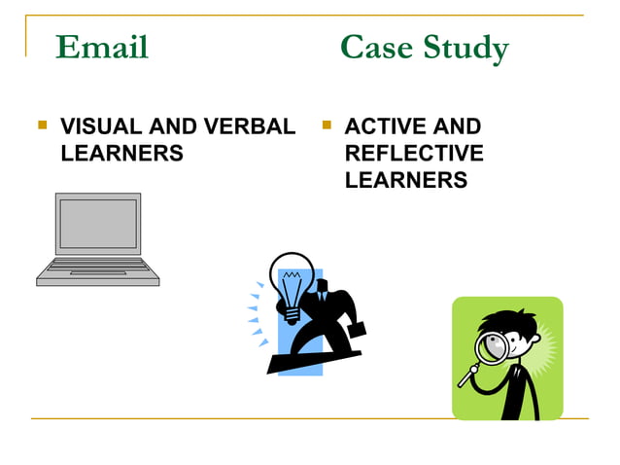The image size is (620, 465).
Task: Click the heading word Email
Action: tap(102, 47)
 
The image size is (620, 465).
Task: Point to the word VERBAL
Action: tap(247, 126)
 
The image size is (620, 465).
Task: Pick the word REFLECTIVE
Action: tap(414, 154)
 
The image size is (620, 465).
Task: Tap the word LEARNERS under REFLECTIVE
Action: tap(406, 181)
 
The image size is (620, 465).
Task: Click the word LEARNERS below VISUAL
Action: tap(121, 154)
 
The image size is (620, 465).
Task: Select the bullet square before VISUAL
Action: tap(41, 125)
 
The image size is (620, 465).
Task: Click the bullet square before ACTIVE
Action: tap(326, 125)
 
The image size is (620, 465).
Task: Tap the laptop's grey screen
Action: tap(97, 224)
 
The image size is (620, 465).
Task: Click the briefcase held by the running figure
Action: tap(356, 329)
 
